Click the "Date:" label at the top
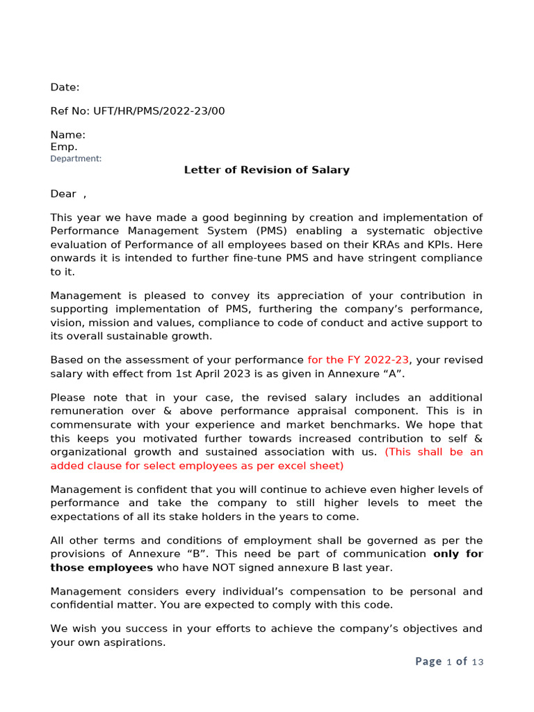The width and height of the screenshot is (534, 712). pos(65,87)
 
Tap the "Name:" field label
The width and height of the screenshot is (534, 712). pos(67,135)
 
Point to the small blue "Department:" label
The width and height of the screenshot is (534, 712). pos(75,159)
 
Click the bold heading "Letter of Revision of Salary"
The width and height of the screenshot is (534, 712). pos(266,170)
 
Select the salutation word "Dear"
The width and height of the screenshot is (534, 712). pos(63,194)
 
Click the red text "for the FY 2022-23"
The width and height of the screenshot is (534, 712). pos(358,360)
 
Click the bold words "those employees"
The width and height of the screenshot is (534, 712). pos(102,567)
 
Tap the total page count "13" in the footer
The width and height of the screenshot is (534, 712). pos(477,662)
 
